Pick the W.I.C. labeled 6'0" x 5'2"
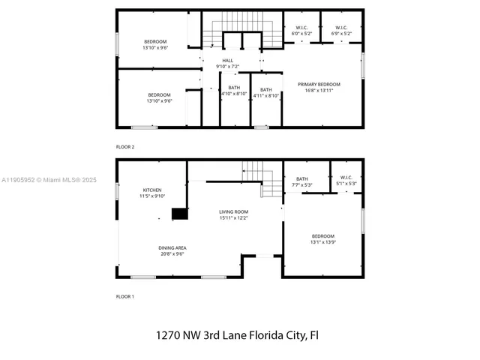302,31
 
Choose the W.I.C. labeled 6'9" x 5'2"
340,31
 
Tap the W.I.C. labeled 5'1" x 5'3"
346,181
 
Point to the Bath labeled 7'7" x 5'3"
302,181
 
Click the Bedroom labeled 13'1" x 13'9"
322,238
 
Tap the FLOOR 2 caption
125,146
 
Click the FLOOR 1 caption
125,296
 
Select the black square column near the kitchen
179,214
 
